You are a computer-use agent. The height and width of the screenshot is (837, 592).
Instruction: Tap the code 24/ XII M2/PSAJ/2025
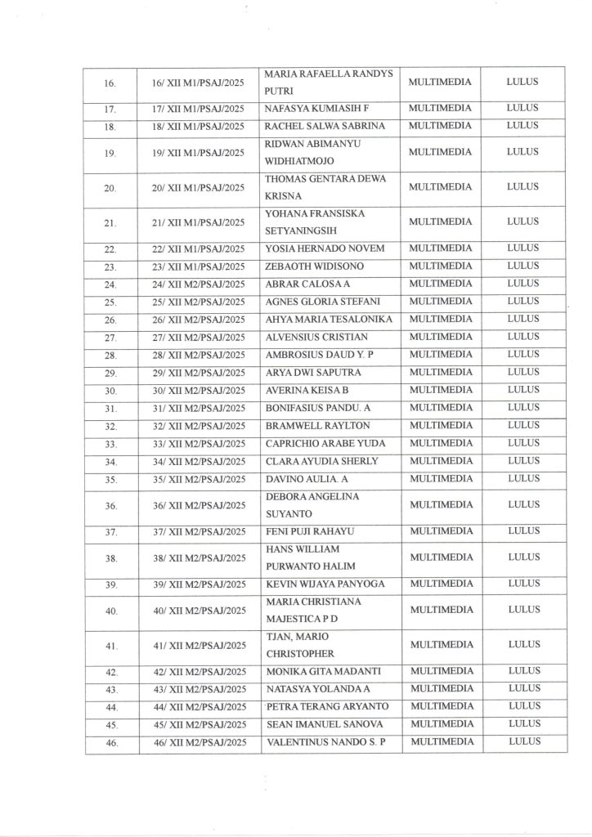(199, 284)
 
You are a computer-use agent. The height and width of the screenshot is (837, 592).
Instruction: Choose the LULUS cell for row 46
(523, 741)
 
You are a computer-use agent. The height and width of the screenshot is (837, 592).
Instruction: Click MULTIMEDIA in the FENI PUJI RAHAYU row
(440, 532)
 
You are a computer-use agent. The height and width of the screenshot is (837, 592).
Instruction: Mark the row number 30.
(111, 391)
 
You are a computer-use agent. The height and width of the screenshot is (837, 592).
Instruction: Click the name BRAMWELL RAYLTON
(312, 426)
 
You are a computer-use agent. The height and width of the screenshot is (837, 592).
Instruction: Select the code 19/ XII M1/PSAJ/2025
(199, 152)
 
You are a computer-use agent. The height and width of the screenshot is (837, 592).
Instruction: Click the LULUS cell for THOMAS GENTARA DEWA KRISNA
(523, 187)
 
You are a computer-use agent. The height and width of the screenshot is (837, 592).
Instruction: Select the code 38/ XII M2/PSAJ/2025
(199, 558)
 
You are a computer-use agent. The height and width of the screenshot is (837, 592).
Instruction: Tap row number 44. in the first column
(111, 707)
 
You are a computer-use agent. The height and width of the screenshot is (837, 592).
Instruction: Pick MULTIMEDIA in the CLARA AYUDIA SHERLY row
(440, 461)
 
